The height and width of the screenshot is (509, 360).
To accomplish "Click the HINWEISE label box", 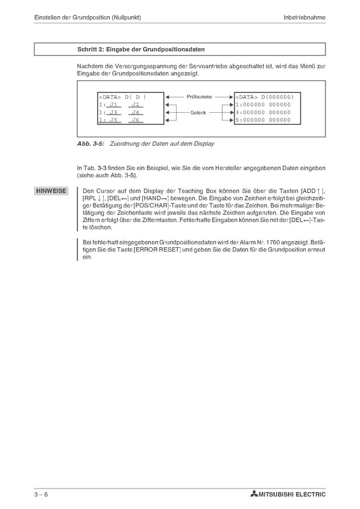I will [x=51, y=191].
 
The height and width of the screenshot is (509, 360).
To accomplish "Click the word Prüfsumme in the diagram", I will [x=199, y=97].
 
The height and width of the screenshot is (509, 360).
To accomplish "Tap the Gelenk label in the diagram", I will [x=198, y=112].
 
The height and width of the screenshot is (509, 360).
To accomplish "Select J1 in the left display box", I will [x=113, y=105].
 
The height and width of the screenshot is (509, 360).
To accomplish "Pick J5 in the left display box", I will [x=113, y=120].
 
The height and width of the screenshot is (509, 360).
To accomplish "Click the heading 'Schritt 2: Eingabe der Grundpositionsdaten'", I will [x=141, y=50].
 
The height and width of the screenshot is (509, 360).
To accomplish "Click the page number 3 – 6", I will [x=41, y=494].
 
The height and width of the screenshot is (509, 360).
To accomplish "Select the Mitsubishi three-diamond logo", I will [x=253, y=494].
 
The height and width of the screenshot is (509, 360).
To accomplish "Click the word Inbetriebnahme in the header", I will [x=304, y=18].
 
